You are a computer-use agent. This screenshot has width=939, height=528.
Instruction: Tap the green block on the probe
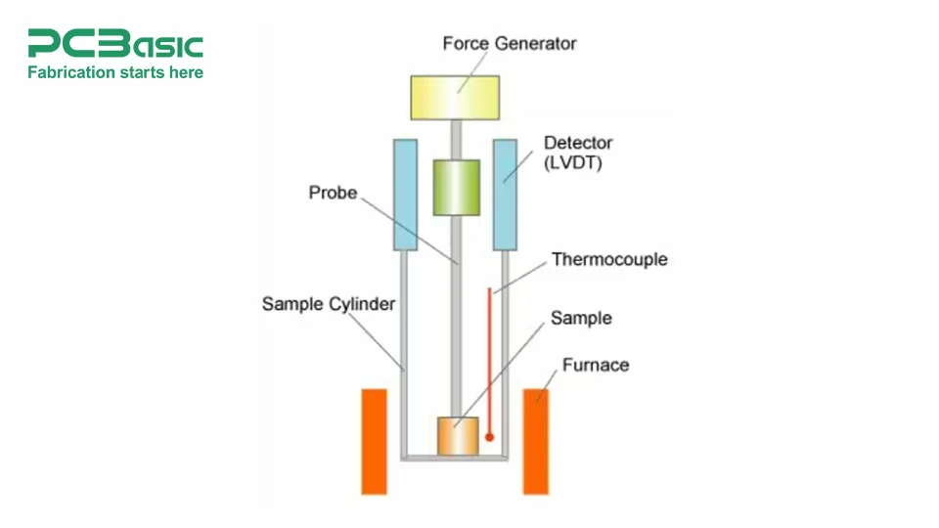[x=456, y=187]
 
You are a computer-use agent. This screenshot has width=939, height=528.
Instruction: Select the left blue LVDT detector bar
[x=405, y=194]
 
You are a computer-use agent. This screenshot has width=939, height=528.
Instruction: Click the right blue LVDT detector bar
[x=505, y=194]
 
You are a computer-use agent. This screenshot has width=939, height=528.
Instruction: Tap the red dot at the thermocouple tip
[x=490, y=437]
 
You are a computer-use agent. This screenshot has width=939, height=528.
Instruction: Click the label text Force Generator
[x=509, y=44]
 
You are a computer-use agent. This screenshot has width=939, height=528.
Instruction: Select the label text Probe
[x=333, y=193]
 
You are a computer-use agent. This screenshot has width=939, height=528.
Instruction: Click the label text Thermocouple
[x=609, y=260]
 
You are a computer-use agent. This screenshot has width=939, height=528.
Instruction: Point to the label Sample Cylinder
[x=328, y=304]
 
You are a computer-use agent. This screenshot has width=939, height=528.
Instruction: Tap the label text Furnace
[x=595, y=366]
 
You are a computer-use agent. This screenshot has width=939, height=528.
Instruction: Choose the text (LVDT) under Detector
[x=572, y=163]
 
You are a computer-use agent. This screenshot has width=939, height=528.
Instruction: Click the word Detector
[x=577, y=144]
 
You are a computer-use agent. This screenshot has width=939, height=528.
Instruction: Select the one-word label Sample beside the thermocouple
[x=581, y=319]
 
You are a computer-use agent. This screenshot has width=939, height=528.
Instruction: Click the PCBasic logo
[x=115, y=44]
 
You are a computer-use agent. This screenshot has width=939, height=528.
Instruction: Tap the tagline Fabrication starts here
[x=115, y=72]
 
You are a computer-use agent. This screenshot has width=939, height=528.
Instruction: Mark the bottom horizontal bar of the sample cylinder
[x=456, y=456]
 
